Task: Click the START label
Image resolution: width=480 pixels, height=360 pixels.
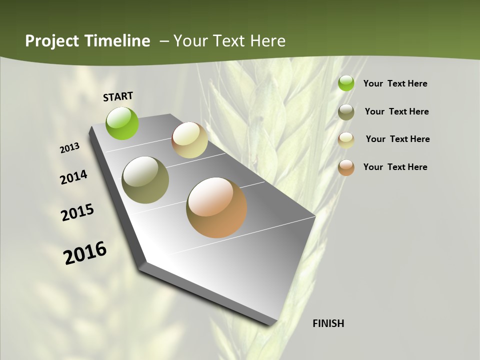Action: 118,96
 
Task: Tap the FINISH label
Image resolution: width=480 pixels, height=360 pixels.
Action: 328,323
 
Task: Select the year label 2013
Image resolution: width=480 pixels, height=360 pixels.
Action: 70,148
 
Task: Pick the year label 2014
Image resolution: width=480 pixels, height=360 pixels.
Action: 74,177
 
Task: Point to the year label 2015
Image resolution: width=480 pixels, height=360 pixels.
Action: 77,212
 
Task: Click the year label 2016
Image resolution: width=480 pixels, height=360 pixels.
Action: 85,253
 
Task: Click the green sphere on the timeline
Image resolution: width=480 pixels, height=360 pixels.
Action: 122,123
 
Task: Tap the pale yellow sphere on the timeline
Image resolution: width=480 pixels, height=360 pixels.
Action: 189,140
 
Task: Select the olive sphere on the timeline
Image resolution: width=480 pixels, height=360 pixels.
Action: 145,180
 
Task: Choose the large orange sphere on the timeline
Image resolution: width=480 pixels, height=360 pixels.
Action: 216,207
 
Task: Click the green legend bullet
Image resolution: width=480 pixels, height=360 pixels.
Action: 346,83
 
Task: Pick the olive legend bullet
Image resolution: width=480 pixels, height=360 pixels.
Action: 346,112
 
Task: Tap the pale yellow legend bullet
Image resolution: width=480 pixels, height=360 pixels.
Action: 346,139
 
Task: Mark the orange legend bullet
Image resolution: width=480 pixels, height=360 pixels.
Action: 346,167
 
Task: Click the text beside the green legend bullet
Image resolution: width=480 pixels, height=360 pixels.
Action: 395,83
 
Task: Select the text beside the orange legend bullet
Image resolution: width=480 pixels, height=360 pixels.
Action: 395,167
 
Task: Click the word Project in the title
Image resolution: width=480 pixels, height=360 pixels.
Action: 52,41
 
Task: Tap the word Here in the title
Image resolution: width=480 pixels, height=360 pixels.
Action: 267,41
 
